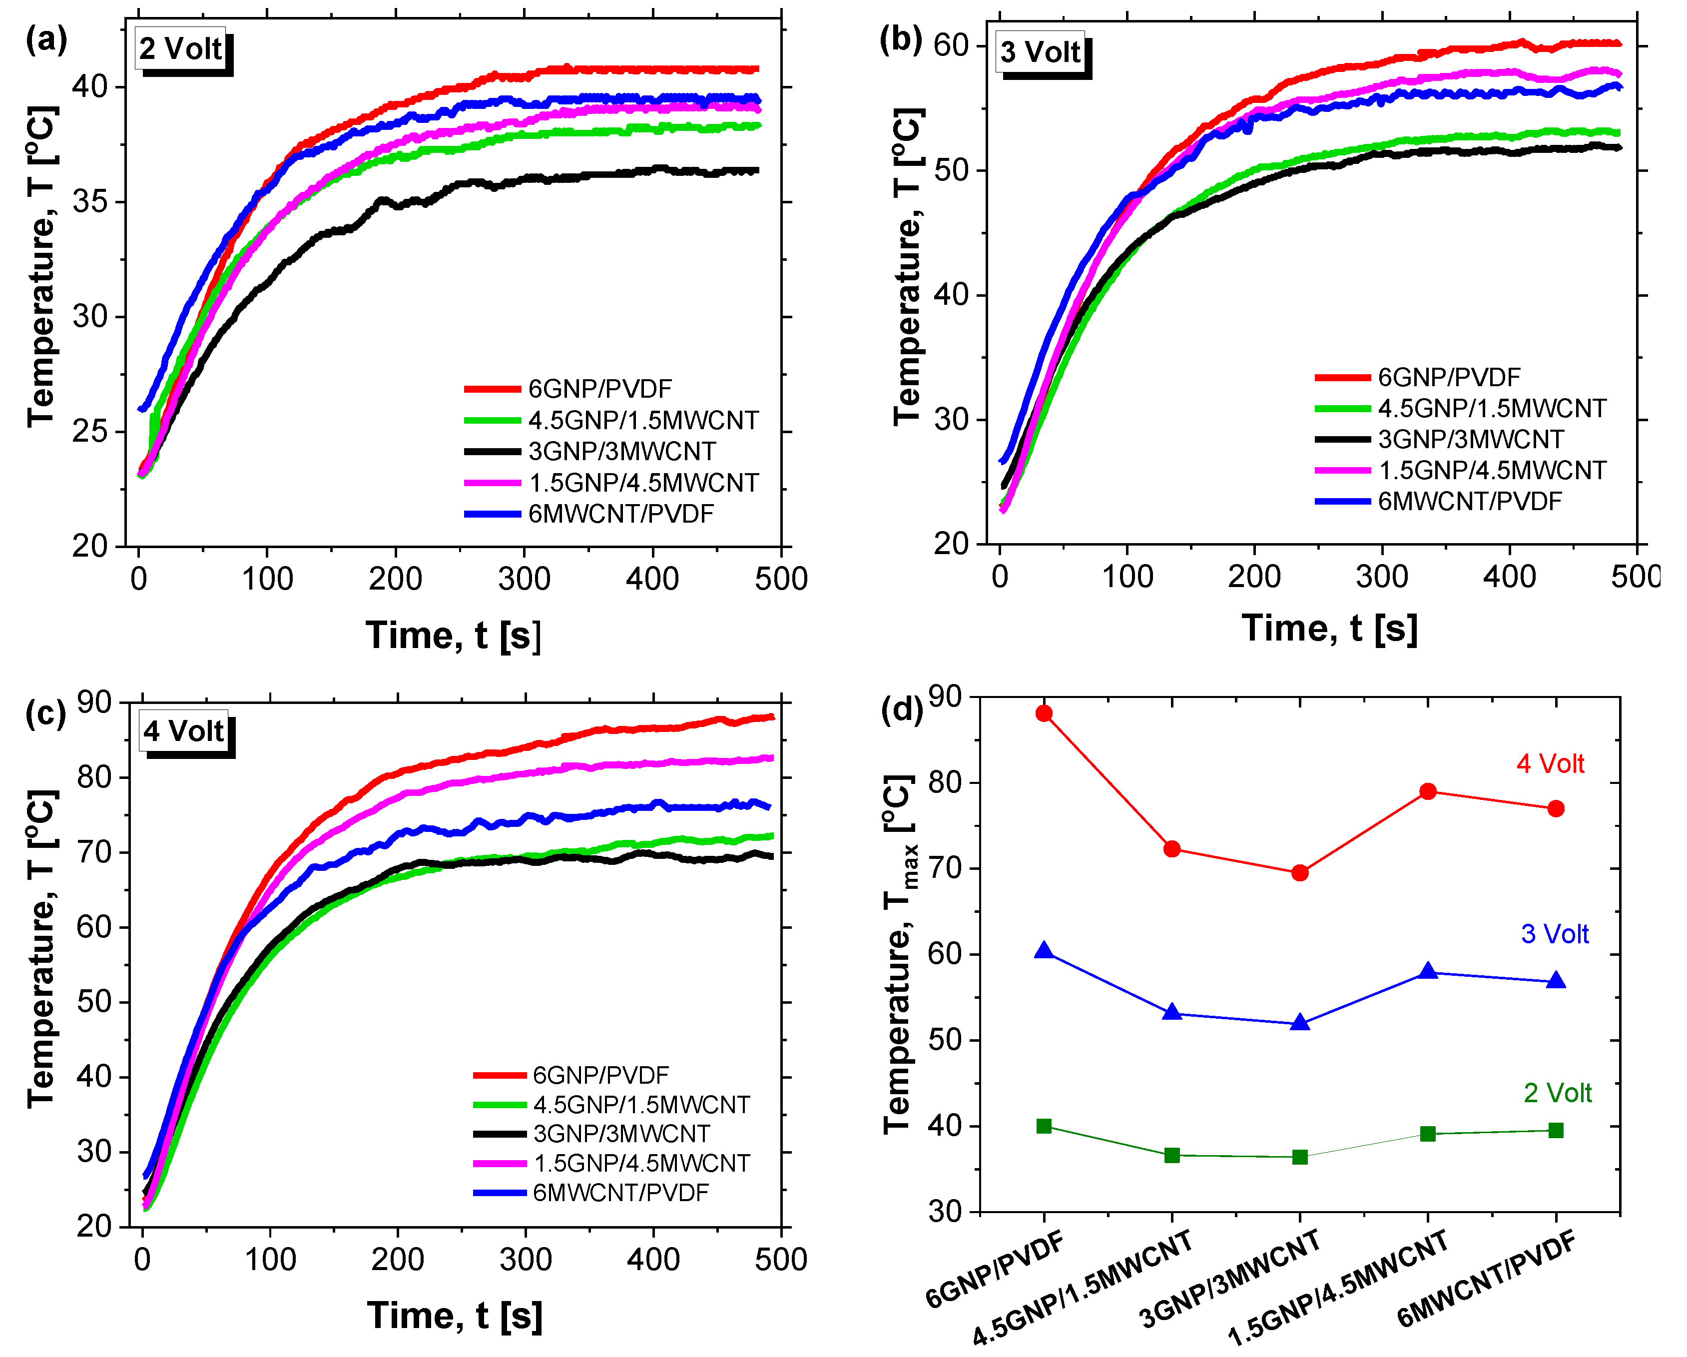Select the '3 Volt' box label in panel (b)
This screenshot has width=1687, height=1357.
(1040, 52)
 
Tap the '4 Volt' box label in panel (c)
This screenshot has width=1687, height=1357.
(184, 731)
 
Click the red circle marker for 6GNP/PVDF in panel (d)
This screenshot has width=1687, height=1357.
(1044, 713)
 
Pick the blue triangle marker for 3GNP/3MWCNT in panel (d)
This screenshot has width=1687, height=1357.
(1300, 1022)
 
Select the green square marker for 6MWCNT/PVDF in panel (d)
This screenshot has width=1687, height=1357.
(1556, 1130)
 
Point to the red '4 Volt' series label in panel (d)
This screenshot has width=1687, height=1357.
(1550, 764)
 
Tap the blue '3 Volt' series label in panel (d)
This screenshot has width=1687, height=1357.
(1554, 934)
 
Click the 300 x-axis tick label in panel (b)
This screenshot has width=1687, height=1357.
(1382, 577)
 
